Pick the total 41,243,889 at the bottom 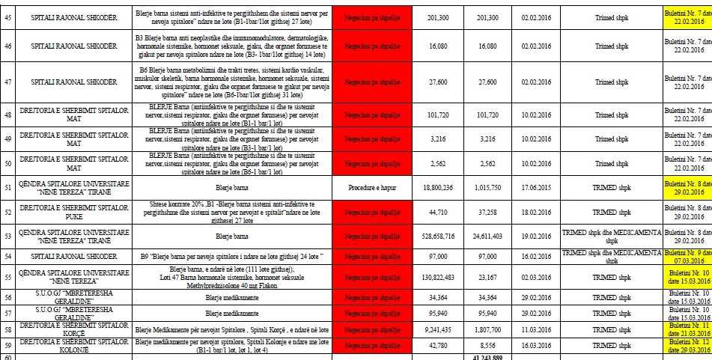click(487, 356)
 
